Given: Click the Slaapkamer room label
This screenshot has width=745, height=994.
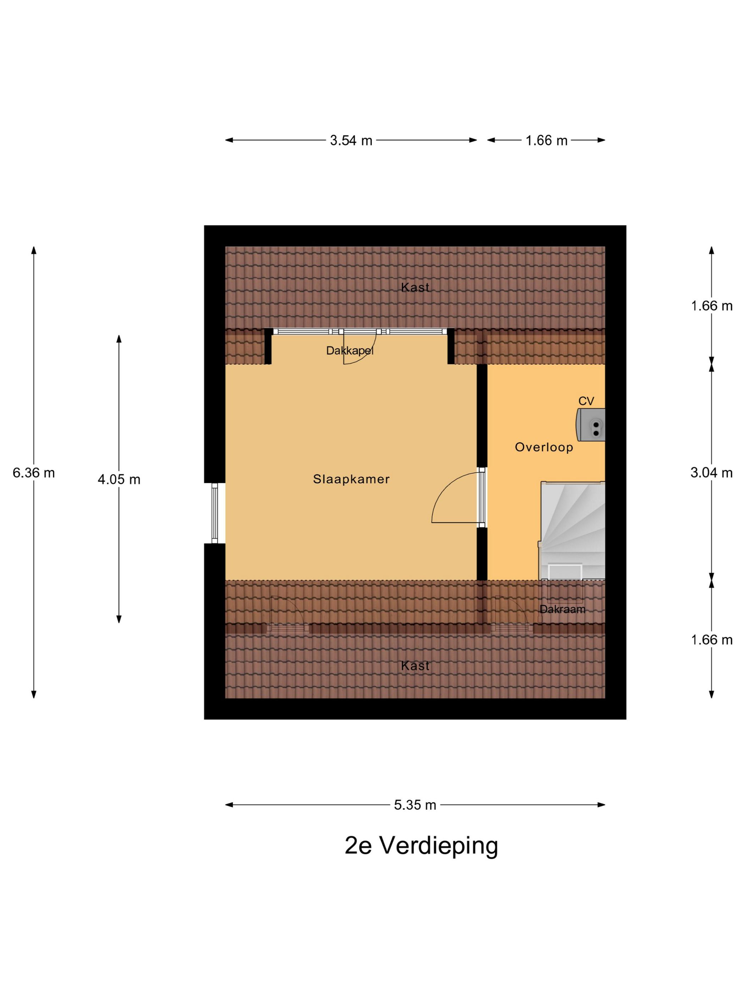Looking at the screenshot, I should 351,479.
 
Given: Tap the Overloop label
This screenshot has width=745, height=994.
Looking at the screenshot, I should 543,447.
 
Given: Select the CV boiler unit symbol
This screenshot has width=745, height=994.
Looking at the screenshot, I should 591,425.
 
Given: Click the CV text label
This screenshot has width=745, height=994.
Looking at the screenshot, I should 586,401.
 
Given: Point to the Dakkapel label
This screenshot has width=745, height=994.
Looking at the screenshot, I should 349,350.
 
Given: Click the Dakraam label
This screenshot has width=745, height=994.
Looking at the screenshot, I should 562,609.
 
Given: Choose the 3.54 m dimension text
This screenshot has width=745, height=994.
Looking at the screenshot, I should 351,141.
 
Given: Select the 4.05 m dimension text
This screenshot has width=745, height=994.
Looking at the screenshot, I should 119,480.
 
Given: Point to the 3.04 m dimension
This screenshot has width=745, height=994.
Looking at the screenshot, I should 711,472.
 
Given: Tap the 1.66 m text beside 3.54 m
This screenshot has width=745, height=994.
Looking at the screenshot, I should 546,141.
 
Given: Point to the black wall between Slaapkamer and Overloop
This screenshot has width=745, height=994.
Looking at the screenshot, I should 481,414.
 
